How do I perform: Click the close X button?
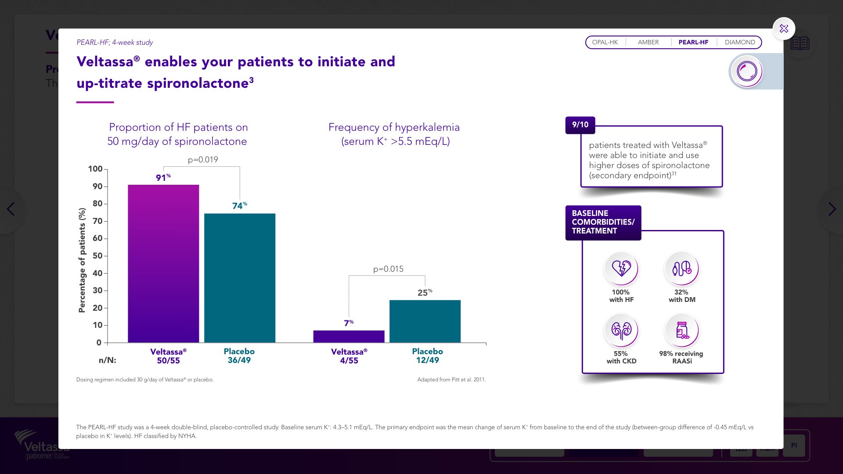(x=784, y=29)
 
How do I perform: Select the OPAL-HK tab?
(x=605, y=42)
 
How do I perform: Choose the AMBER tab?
(x=648, y=42)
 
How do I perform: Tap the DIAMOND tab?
(x=740, y=42)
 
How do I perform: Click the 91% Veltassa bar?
(x=163, y=263)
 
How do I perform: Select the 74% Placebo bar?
(x=240, y=278)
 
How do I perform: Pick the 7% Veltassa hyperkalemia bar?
(x=349, y=336)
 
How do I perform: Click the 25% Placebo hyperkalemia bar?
(x=425, y=321)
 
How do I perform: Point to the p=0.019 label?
(x=203, y=160)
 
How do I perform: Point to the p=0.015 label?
(x=388, y=269)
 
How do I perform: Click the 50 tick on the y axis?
(x=97, y=256)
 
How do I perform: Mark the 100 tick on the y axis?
(x=95, y=169)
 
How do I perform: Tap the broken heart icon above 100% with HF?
(x=621, y=268)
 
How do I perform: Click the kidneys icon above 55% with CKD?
(x=621, y=330)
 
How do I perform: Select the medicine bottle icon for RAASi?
(x=682, y=330)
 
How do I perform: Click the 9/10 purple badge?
(x=580, y=125)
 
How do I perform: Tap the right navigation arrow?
(x=832, y=209)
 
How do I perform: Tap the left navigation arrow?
(x=11, y=209)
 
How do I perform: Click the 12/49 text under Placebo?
(x=427, y=360)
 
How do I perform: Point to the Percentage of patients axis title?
(x=82, y=260)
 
